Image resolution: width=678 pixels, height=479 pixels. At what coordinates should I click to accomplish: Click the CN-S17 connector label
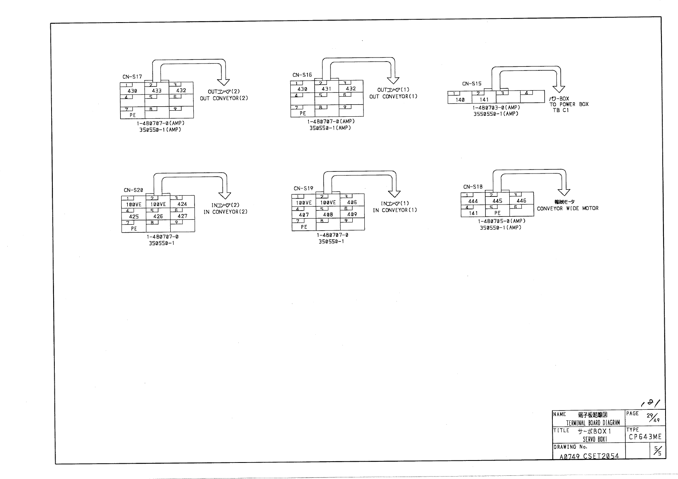132,76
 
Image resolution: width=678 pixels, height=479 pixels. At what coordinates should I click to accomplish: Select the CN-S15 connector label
471,84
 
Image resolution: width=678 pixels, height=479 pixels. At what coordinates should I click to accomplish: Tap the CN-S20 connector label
133,190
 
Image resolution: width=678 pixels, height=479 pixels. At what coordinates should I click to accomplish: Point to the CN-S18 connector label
473,187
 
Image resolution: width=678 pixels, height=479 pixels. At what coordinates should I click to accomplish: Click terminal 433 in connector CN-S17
157,91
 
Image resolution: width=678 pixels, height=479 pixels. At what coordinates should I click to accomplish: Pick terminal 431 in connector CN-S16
327,89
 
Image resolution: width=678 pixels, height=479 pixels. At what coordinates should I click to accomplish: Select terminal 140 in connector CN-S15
460,99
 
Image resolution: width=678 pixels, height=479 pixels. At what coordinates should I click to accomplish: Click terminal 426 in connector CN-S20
158,216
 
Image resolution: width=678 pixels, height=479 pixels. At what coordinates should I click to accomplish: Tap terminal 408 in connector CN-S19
328,215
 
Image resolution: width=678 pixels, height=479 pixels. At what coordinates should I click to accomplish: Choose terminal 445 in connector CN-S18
497,200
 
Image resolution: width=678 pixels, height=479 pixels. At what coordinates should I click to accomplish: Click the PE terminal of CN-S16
303,113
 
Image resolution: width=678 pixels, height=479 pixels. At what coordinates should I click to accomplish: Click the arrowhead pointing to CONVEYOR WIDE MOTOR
564,191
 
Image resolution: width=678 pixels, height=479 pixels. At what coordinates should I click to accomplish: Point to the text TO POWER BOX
569,104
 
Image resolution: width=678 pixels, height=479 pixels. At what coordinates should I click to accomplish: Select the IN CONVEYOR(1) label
395,210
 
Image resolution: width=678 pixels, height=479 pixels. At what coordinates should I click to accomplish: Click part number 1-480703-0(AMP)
496,107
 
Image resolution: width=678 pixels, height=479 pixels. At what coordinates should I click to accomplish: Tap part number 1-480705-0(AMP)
501,221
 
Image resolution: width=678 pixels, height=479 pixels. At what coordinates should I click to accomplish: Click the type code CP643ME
645,437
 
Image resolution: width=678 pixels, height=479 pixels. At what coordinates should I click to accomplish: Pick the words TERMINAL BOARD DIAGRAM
593,423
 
